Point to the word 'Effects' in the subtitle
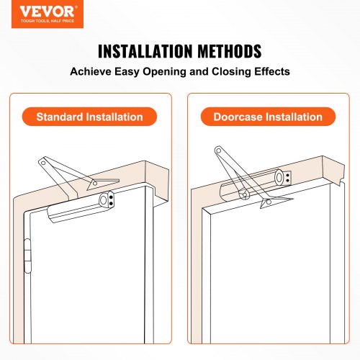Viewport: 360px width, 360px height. click(268, 73)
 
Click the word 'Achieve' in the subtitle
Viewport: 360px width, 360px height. click(92, 73)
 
